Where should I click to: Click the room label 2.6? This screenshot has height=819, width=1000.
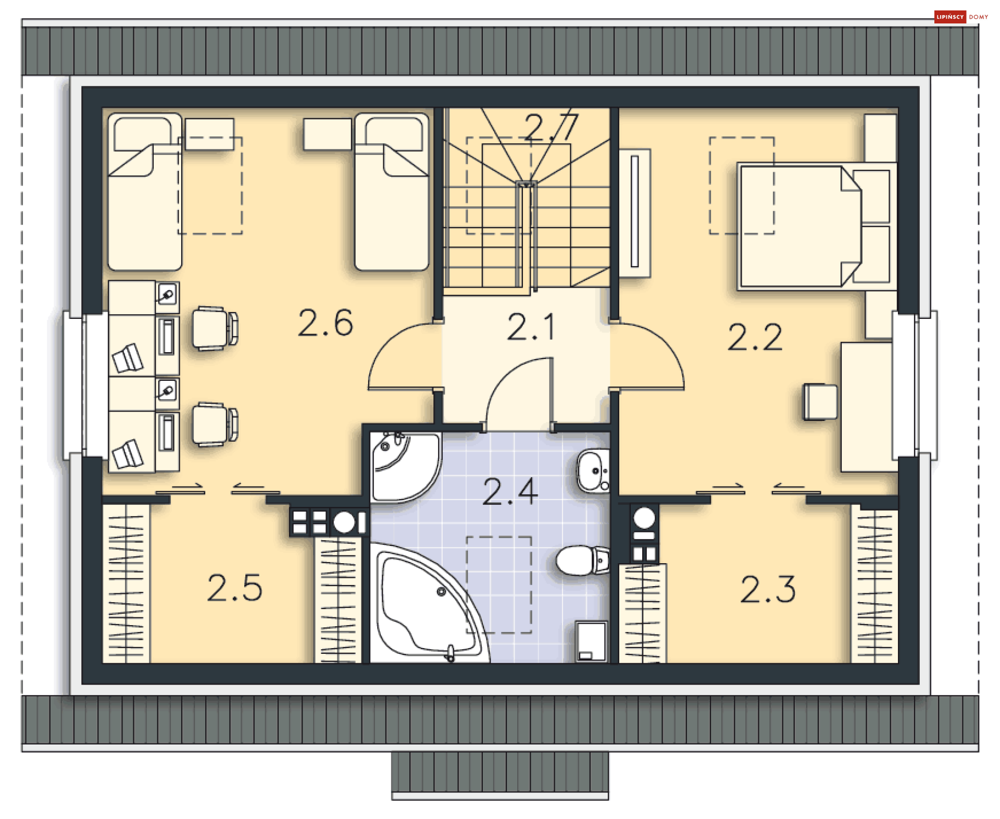point(326,323)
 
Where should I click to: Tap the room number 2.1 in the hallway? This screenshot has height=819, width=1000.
point(531,328)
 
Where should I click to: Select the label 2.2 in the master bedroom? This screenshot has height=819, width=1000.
point(755,337)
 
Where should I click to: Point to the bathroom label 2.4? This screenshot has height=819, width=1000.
point(510,492)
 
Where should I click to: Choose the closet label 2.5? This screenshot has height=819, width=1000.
point(234,588)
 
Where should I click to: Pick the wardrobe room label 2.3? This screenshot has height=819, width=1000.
point(768,590)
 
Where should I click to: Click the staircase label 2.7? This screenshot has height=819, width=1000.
point(552,127)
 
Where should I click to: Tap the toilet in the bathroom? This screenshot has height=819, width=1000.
point(582,560)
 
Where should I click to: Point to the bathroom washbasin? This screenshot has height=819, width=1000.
point(593,470)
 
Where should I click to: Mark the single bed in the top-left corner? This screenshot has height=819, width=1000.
point(145,192)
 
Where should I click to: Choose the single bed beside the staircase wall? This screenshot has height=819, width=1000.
point(392,192)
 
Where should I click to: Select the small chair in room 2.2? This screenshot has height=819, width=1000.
point(820,402)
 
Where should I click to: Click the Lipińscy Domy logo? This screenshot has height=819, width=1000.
point(961,17)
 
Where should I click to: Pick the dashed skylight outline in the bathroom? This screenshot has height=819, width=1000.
point(499,585)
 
